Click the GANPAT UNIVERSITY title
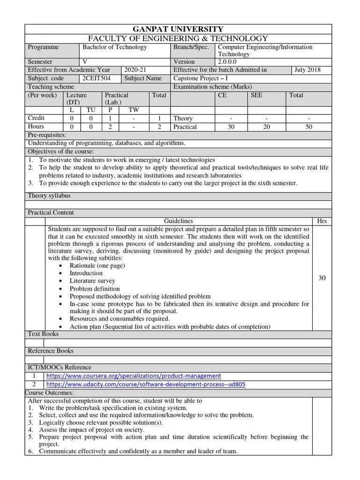(x=178, y=29)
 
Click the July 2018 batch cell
(x=307, y=70)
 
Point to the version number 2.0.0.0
(x=228, y=62)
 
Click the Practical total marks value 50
(x=308, y=127)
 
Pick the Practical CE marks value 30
(x=231, y=127)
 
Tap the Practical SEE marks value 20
(x=267, y=127)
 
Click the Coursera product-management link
(x=134, y=376)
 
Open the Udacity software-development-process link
(x=146, y=384)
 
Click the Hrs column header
(x=322, y=221)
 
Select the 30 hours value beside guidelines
(x=322, y=278)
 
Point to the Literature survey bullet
(x=92, y=281)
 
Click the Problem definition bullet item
(x=95, y=289)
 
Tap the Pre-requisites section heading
(x=47, y=135)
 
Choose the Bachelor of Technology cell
(x=115, y=47)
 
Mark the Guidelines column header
(x=178, y=221)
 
